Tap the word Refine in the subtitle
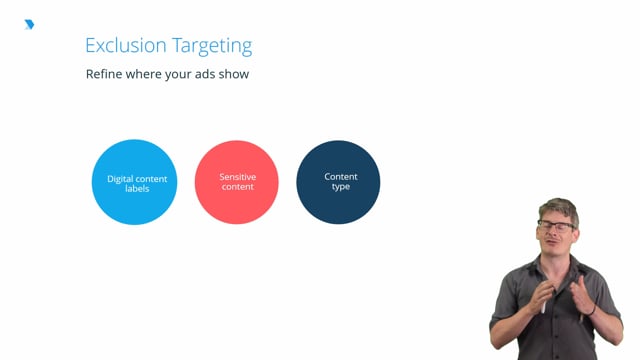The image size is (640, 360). [104, 74]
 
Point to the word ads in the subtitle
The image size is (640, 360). [204, 74]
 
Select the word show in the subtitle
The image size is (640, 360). [233, 74]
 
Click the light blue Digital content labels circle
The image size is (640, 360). [134, 182]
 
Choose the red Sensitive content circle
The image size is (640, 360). [236, 182]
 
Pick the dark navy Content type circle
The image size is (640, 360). [339, 182]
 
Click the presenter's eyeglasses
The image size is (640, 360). [557, 225]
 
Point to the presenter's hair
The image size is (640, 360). [557, 207]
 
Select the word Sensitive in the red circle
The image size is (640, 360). [237, 177]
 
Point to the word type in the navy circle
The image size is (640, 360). [340, 187]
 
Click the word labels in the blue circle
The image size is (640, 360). [136, 188]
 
